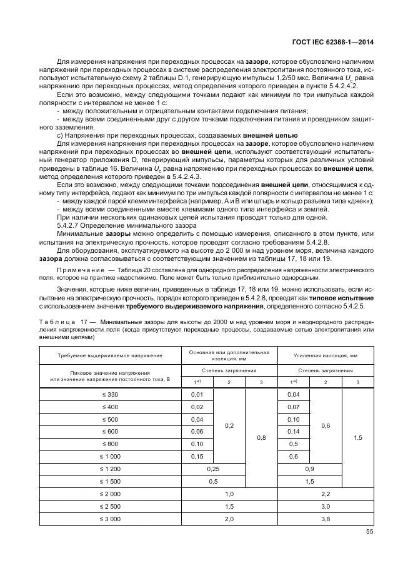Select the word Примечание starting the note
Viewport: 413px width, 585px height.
(x=75, y=270)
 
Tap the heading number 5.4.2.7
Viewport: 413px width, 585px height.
(x=69, y=225)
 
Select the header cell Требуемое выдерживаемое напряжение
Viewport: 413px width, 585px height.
(x=109, y=355)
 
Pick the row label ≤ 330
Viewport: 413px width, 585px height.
(x=109, y=395)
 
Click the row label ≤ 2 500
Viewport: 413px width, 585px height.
(x=109, y=506)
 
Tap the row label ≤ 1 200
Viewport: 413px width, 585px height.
(x=109, y=469)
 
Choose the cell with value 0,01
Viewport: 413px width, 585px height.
(x=197, y=395)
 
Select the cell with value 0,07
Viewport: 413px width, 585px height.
(x=294, y=407)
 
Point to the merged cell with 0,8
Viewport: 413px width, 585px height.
(x=261, y=438)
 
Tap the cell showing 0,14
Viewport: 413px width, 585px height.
(x=294, y=432)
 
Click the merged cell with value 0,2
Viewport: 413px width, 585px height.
(x=229, y=425)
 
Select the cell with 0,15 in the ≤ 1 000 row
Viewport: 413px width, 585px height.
(x=197, y=457)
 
